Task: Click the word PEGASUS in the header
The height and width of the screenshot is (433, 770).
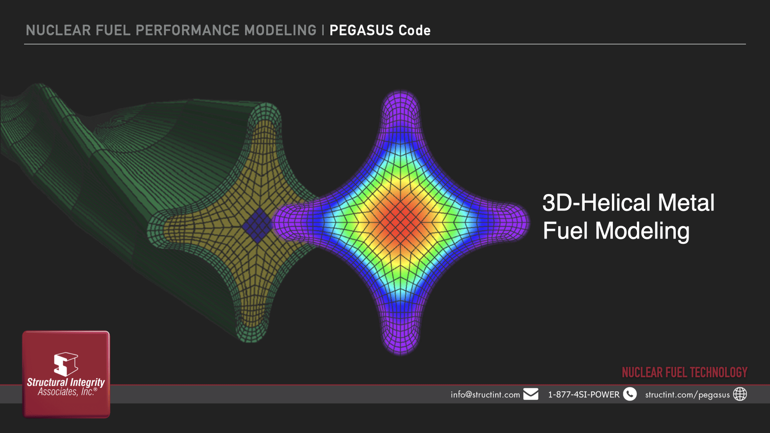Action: coord(361,30)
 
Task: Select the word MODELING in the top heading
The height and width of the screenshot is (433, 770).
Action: coord(280,30)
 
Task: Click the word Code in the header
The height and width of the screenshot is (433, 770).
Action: coord(415,30)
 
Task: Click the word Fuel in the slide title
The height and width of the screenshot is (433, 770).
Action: coord(565,231)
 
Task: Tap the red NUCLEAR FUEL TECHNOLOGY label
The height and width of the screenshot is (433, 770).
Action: coord(685,372)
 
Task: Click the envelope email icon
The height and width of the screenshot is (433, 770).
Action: coord(531,394)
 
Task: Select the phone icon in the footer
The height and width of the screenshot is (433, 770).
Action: coord(630,394)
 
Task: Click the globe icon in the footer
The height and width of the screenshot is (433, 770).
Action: coord(740,394)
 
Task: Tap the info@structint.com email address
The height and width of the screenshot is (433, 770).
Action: coord(485,395)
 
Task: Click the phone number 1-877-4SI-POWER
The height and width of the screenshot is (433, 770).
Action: coord(584,395)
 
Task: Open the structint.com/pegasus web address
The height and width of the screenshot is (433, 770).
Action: coord(687,395)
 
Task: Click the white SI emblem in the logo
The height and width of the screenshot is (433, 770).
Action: coord(66,364)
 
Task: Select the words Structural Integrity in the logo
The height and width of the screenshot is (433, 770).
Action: coord(66,382)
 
